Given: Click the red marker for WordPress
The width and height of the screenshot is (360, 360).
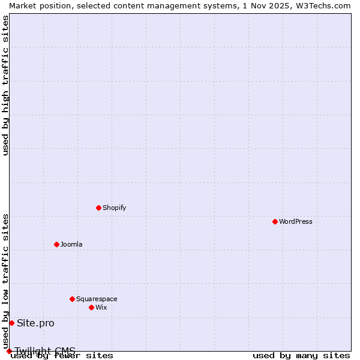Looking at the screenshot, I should [275, 221].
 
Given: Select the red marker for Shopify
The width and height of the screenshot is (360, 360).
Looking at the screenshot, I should [98, 208].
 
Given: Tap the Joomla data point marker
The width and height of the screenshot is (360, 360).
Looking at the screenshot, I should [56, 244].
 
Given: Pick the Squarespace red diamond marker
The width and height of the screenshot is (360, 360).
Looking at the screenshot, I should [72, 299].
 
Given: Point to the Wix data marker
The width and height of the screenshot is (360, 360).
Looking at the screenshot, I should [91, 307].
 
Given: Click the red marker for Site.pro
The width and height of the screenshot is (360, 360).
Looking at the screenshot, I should [11, 323].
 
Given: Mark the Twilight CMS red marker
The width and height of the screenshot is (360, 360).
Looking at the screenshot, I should [9, 351].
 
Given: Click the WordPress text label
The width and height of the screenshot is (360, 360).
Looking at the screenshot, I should [296, 221].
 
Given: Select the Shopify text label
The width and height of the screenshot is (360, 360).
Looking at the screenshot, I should [115, 208].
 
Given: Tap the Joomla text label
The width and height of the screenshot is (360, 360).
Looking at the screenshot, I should [71, 244].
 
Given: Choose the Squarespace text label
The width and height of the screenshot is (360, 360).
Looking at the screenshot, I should [97, 299].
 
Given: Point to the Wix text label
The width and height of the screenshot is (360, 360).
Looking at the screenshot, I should [101, 307].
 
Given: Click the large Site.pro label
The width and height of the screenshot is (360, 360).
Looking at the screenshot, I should [35, 323].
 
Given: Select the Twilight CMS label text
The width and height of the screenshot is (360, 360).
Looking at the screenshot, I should [45, 350].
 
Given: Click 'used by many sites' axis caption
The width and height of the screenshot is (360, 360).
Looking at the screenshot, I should [301, 356].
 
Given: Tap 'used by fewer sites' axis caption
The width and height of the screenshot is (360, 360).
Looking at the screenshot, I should [62, 356].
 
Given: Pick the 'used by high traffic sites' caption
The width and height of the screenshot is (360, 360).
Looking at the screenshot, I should [5, 85].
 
